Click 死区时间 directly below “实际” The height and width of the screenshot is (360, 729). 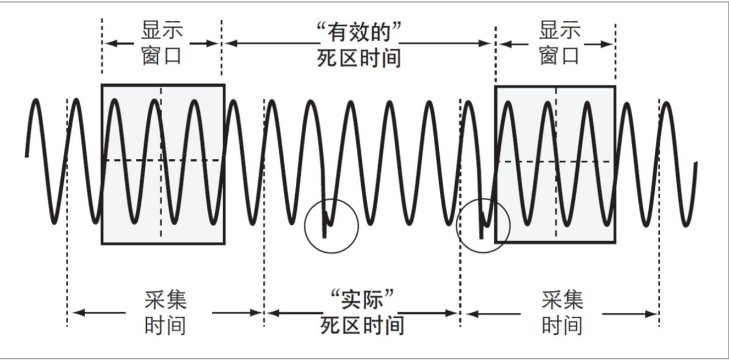[x=362, y=325]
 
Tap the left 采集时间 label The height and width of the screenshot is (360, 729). [x=165, y=313]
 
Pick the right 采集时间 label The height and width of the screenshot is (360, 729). [x=562, y=313]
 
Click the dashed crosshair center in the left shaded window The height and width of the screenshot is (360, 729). [x=161, y=160]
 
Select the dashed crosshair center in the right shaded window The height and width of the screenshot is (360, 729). [x=556, y=162]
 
